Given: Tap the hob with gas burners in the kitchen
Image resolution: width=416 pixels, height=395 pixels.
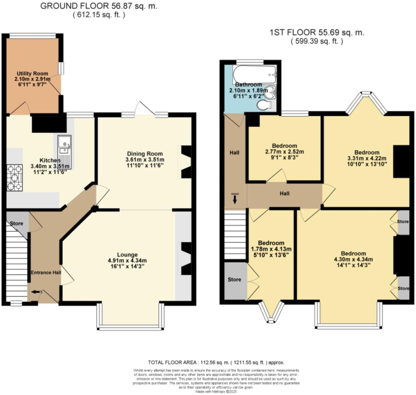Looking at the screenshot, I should (x=15, y=177).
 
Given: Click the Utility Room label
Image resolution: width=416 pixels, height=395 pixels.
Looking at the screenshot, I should (x=32, y=73).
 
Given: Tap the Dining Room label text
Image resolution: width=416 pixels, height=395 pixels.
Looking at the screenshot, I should (x=145, y=154).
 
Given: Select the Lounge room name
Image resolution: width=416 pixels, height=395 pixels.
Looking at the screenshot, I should (x=127, y=255).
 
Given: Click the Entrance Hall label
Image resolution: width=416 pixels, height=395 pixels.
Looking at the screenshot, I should (x=45, y=272).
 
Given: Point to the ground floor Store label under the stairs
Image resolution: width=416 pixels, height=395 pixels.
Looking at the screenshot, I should (x=17, y=223).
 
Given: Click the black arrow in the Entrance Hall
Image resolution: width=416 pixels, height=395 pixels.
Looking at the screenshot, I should (x=36, y=292).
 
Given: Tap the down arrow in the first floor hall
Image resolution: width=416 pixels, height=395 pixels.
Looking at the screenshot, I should (x=235, y=199).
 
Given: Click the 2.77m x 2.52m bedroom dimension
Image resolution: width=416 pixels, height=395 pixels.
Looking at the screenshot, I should (x=284, y=151).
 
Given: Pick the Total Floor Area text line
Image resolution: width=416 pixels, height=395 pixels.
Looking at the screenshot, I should (x=216, y=362).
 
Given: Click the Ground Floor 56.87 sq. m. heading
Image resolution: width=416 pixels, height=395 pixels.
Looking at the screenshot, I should (x=99, y=6).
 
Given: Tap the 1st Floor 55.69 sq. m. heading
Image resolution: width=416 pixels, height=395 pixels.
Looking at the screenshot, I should (x=317, y=32).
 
